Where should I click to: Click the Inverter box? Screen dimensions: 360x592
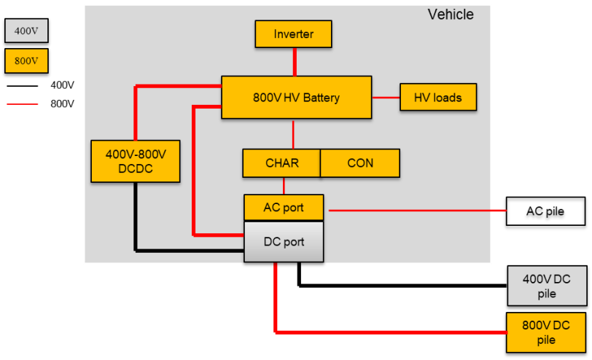pos(293,34)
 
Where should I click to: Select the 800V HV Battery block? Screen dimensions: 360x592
pos(296,98)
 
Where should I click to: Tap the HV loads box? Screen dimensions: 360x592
pos(437,98)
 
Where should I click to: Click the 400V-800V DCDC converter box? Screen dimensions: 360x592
pos(136,161)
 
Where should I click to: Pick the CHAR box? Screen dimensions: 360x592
pos(281,163)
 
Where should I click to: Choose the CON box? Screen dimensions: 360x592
pos(360,163)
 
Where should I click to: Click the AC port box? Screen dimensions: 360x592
pos(283,208)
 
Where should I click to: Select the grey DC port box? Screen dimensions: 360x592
pos(283,242)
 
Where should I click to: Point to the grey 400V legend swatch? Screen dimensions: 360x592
pos(26,31)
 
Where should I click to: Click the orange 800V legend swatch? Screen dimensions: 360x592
pos(26,61)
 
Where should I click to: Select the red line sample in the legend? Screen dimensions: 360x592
pos(23,104)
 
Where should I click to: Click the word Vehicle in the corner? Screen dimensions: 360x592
pos(450,15)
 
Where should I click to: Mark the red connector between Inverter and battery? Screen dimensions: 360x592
pos(295,62)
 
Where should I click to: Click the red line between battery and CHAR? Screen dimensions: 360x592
pos(293,134)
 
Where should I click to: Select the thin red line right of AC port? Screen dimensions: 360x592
pos(416,211)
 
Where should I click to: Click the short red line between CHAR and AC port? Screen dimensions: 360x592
pos(284,186)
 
